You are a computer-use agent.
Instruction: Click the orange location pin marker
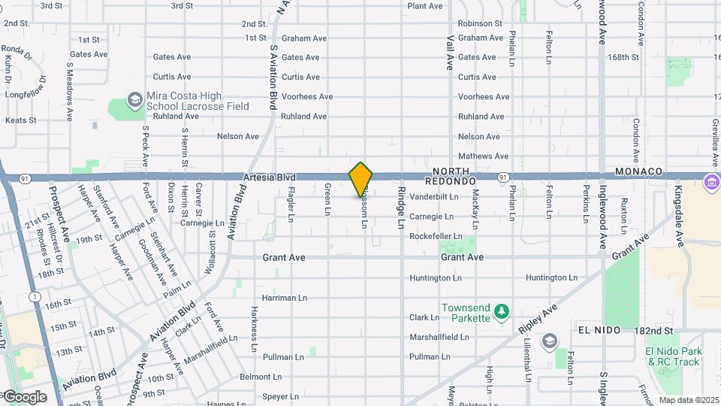(x=360, y=179)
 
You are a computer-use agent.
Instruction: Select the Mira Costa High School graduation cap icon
(x=134, y=99)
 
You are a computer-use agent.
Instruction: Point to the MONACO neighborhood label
(x=638, y=172)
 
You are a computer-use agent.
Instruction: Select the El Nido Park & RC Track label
(x=673, y=356)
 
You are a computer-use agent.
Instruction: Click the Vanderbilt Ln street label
(x=433, y=197)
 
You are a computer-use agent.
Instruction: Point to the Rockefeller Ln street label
(x=436, y=236)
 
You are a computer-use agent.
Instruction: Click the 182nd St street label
(x=656, y=331)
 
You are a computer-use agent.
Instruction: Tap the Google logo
(x=24, y=397)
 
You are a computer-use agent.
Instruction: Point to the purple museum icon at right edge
(x=710, y=182)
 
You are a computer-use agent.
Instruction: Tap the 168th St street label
(x=623, y=57)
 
